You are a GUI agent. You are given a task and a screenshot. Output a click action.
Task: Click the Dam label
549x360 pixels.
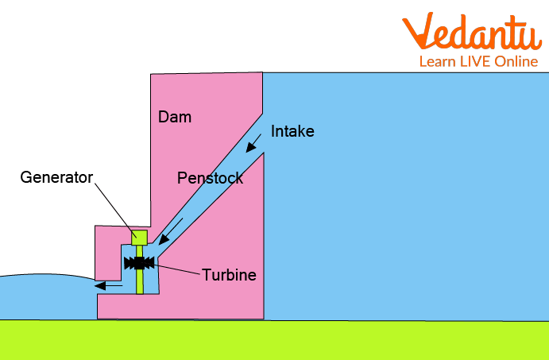coord(175,118)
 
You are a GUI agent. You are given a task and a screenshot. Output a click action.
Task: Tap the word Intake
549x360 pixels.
coord(292,132)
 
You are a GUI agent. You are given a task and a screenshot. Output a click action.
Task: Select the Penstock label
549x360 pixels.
coord(210,178)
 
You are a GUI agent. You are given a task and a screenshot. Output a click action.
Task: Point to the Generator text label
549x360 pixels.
coord(56,176)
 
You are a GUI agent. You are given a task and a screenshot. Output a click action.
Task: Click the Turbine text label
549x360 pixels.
coord(229,275)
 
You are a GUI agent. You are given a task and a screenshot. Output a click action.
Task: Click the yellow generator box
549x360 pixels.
coord(140,237)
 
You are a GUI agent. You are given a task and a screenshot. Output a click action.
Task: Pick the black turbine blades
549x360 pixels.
coord(139,263)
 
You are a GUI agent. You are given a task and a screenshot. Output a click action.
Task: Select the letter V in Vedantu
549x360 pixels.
coord(419,32)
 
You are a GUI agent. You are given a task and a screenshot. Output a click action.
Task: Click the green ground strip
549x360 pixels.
coord(274,340)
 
